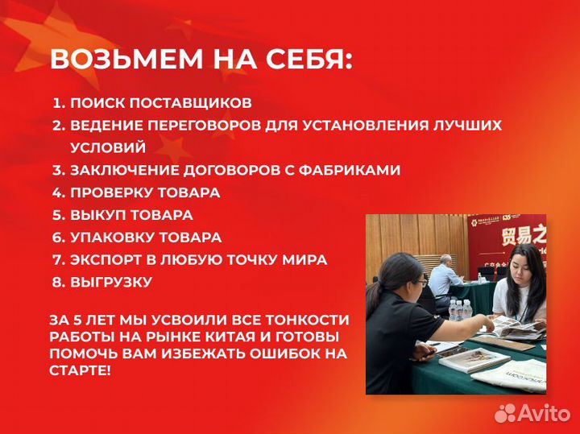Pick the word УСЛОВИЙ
tap(108, 148)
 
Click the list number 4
tap(57, 193)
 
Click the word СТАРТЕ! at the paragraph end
tap(80, 370)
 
